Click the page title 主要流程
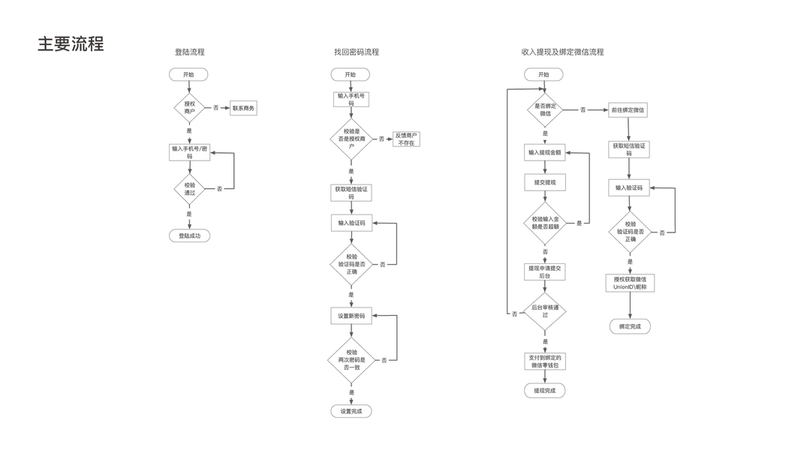pyautogui.click(x=71, y=43)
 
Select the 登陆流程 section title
pyautogui.click(x=189, y=52)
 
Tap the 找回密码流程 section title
pyautogui.click(x=357, y=52)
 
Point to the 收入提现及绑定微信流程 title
pyautogui.click(x=562, y=52)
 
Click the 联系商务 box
pyautogui.click(x=244, y=108)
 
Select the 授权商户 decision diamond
pyautogui.click(x=189, y=108)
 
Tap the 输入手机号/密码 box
pyautogui.click(x=189, y=152)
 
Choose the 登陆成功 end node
pyautogui.click(x=189, y=236)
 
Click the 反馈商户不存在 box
pyautogui.click(x=406, y=139)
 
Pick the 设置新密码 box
pyautogui.click(x=351, y=316)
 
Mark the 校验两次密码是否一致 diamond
pyautogui.click(x=351, y=360)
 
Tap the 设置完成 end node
pyautogui.click(x=351, y=411)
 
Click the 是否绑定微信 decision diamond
pyautogui.click(x=545, y=109)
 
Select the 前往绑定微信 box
pyautogui.click(x=628, y=109)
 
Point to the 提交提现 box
pyautogui.click(x=544, y=182)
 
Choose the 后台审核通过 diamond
pyautogui.click(x=545, y=311)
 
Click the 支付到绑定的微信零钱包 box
pyautogui.click(x=545, y=361)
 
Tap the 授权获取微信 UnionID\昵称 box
pyautogui.click(x=629, y=283)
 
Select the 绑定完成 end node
pyautogui.click(x=629, y=327)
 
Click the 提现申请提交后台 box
pyautogui.click(x=545, y=271)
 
